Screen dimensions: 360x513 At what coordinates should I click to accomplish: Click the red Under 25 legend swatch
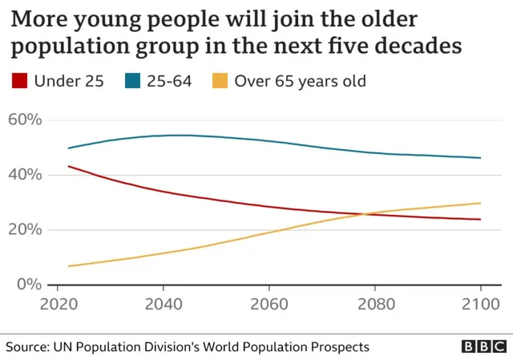(21, 80)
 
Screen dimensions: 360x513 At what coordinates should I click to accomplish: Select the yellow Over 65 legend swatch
(219, 80)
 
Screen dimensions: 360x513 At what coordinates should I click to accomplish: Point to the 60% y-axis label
(25, 120)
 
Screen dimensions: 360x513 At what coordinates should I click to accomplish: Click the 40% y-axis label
(25, 175)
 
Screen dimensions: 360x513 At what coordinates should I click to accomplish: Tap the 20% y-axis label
(25, 230)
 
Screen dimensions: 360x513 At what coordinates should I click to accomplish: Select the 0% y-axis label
(29, 285)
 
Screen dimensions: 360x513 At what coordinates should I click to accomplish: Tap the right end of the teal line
(480, 158)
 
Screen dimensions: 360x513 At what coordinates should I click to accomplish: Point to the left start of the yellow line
(69, 265)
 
